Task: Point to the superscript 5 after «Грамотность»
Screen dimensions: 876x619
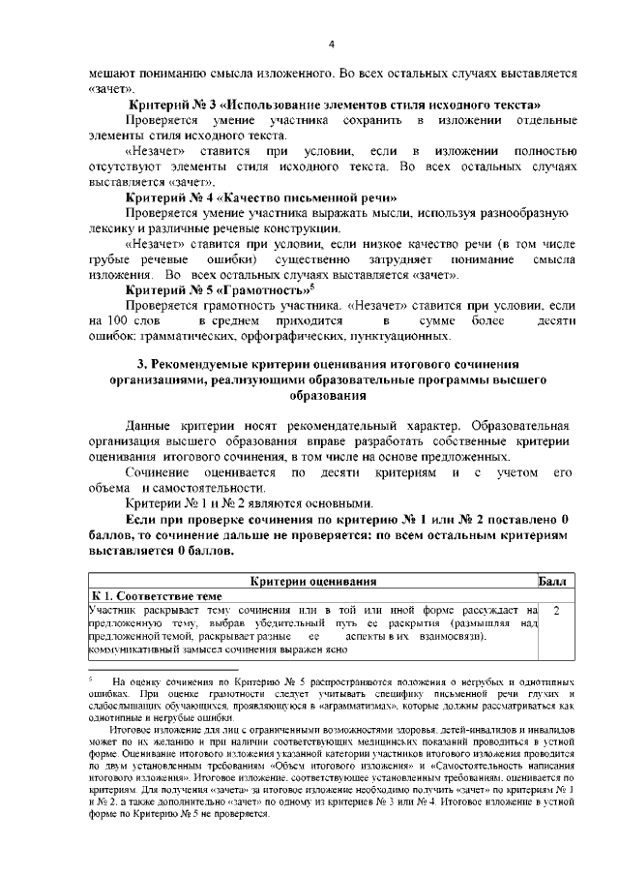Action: pyautogui.click(x=310, y=287)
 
